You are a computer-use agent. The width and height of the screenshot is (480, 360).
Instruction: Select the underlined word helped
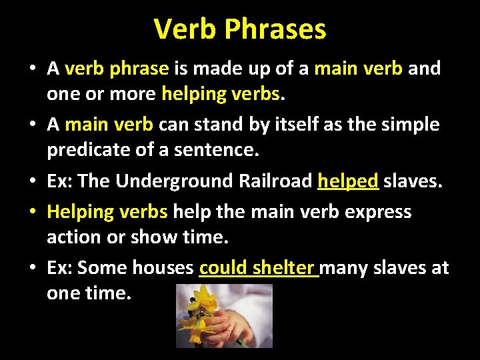coord(348,181)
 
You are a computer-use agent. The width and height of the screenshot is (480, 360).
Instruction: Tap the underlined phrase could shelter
coord(258,268)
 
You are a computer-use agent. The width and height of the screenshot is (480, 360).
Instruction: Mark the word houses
coord(163,268)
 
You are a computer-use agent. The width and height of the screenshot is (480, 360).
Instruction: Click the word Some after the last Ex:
coord(103,268)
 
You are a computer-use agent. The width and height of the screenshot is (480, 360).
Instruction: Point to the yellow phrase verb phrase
coord(118,68)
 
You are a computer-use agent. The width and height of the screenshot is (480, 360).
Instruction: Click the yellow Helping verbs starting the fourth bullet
coord(107,211)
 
